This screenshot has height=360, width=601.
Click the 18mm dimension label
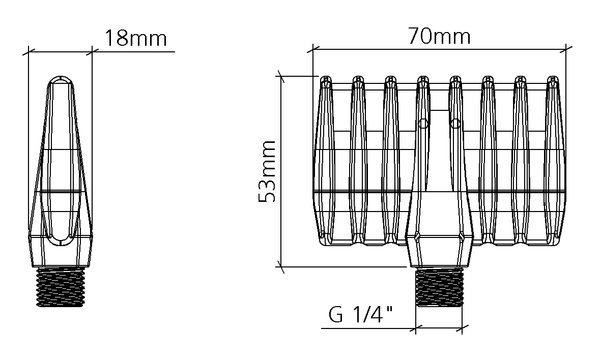(136, 38)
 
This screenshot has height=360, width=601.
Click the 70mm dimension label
(439, 37)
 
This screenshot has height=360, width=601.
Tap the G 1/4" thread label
(361, 315)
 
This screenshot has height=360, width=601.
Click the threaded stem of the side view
(61, 287)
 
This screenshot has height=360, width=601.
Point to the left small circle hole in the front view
(423, 124)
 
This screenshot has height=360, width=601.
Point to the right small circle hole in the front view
(455, 124)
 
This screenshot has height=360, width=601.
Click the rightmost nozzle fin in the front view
(555, 160)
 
